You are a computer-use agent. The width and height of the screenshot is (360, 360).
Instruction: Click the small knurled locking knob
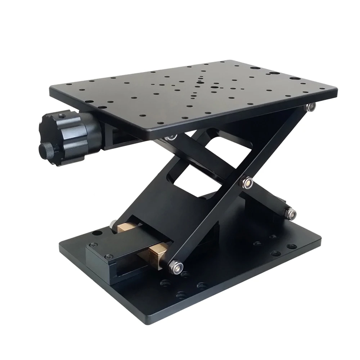46,150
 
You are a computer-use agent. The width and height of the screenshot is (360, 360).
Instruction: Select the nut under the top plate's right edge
311,107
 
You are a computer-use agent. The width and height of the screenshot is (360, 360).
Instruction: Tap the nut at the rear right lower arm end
291,213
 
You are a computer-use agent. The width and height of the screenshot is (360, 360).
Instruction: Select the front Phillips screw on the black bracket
108,256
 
